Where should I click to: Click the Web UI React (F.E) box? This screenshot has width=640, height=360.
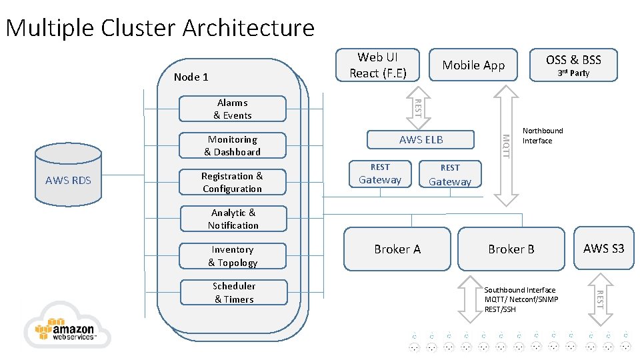tap(377, 65)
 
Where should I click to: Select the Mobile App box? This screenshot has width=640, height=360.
tap(473, 65)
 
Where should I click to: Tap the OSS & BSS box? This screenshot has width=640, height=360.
tap(573, 65)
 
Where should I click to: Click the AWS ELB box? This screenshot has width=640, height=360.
tap(421, 139)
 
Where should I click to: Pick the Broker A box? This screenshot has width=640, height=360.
tap(397, 249)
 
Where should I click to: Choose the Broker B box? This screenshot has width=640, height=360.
tap(511, 249)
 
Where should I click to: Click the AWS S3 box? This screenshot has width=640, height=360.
tap(603, 248)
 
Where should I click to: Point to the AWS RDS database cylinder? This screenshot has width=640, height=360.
tap(68, 174)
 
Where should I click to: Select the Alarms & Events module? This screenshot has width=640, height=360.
tap(233, 109)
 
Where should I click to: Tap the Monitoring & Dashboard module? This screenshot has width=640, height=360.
tap(233, 145)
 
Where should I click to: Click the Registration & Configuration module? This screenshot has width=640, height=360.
tap(233, 182)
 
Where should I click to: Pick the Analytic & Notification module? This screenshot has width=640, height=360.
tap(233, 219)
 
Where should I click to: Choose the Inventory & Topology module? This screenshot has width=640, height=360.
tap(233, 256)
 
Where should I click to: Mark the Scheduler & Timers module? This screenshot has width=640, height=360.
tap(233, 292)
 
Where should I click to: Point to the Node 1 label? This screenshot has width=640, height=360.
tap(191, 77)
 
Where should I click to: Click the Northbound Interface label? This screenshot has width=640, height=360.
tap(542, 135)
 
